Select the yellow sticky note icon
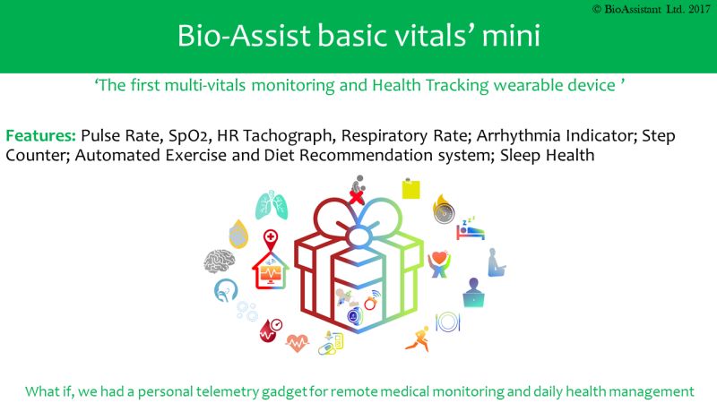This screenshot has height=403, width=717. [x=410, y=188]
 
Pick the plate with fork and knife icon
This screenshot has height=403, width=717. [x=447, y=322]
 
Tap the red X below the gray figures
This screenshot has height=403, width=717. [x=357, y=196]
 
